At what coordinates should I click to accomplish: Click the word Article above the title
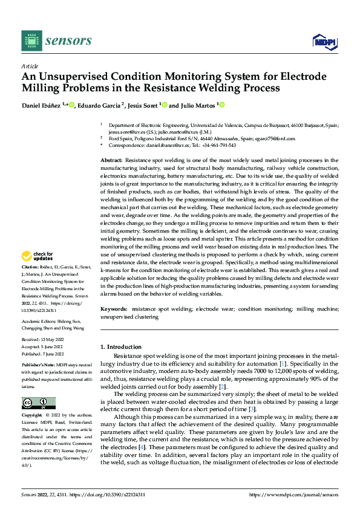point(30,66)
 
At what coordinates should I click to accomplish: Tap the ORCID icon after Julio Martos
point(222,105)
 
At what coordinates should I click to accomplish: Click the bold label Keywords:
point(114,309)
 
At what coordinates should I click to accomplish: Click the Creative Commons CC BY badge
point(38,403)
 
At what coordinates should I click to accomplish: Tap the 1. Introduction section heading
point(120,347)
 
